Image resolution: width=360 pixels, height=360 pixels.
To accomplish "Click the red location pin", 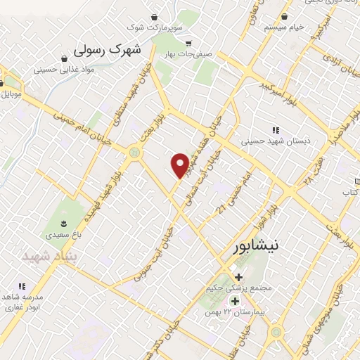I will pos(180,165).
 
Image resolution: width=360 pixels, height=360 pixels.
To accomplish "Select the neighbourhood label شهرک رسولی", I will pos(108,50).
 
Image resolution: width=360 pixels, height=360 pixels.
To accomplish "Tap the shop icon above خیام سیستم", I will pos(284,16).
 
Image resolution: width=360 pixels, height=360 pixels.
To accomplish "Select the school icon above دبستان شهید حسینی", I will pos(275,129).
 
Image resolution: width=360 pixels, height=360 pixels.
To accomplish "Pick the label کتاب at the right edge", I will pos(351,192).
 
